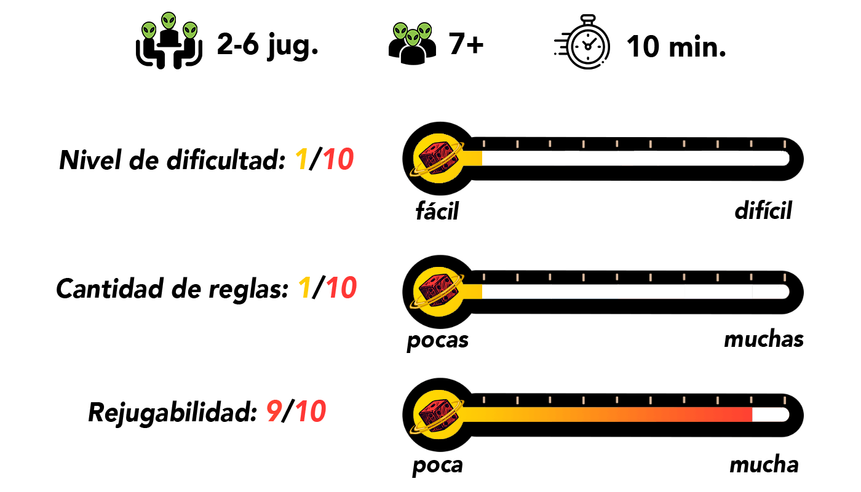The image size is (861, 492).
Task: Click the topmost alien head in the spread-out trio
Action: [x=169, y=21]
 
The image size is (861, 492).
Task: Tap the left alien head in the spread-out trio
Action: [x=149, y=31]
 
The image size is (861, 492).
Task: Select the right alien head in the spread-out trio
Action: [x=190, y=30]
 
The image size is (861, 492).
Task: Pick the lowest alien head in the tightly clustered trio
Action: [x=413, y=38]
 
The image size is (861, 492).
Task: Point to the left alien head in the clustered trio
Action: [x=400, y=31]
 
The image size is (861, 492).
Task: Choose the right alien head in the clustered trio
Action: [x=424, y=31]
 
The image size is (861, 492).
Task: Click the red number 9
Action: [x=274, y=411]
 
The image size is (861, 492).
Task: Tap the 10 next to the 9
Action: [x=311, y=411]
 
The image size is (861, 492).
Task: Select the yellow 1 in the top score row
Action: [x=301, y=160]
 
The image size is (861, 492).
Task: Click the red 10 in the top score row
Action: [x=338, y=160]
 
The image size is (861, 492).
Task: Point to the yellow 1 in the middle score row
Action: [x=304, y=288]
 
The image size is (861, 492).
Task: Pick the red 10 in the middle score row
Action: [x=341, y=288]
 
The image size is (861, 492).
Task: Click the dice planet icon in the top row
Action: [x=438, y=158]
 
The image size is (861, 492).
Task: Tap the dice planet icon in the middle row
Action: [x=438, y=292]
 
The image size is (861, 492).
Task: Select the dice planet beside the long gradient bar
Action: [x=438, y=415]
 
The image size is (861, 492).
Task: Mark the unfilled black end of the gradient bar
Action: [x=770, y=415]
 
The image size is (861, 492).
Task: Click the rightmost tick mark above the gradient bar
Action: [x=784, y=400]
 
